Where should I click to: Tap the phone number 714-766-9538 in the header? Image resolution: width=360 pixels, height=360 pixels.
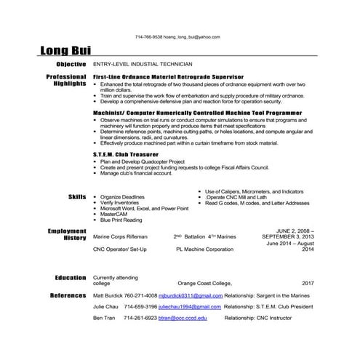coord(149,36)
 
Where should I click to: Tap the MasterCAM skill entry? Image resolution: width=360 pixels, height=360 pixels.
coord(113,214)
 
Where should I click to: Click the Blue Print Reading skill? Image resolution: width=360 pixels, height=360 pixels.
coord(121,220)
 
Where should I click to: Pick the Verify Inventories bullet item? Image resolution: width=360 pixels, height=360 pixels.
coord(120,203)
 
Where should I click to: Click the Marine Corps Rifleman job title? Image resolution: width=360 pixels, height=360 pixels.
coord(120,237)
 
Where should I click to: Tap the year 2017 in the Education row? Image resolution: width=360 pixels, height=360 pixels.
coord(307,284)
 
